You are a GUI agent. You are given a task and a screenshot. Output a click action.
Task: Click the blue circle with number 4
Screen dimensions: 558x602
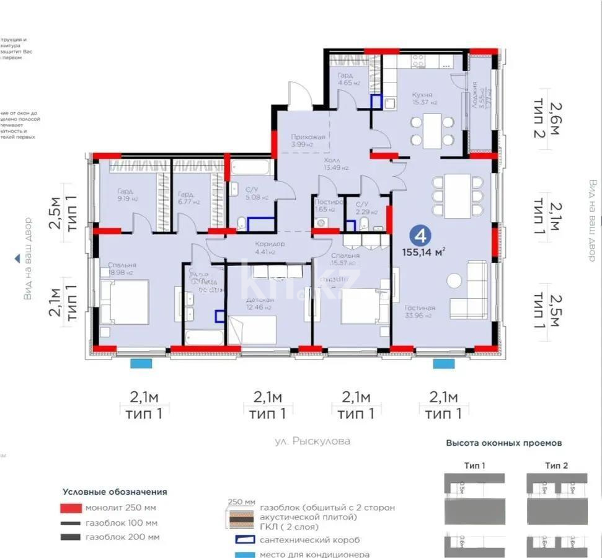[421, 236]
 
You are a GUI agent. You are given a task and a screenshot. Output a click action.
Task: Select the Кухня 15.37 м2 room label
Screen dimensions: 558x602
[425, 99]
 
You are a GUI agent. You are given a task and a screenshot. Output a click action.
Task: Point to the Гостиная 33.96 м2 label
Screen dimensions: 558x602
[420, 311]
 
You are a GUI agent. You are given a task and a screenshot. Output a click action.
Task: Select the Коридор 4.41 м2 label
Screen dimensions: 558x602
[270, 247]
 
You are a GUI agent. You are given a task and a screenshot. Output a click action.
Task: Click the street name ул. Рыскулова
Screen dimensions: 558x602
[312, 441]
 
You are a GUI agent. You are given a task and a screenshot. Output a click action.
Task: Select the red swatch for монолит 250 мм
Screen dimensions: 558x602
[70, 508]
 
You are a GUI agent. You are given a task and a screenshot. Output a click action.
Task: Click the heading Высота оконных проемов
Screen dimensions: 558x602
[504, 443]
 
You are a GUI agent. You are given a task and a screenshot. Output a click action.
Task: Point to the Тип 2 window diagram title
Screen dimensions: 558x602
[556, 465]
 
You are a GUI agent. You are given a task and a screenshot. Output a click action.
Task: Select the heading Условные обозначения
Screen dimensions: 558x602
[115, 492]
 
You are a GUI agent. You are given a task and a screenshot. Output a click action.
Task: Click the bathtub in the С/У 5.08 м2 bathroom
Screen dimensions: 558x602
[251, 168]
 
